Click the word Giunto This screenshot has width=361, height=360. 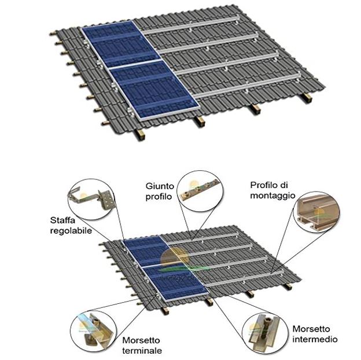(160, 186)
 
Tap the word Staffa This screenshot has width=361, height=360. (62, 220)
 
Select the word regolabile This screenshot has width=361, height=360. (71, 231)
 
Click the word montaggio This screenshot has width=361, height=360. (272, 196)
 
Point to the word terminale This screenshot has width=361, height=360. (142, 351)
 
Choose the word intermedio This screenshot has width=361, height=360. (315, 339)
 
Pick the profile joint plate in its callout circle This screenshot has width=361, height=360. (200, 189)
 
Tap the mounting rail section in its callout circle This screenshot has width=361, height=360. (318, 211)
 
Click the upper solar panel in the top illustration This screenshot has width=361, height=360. (120, 44)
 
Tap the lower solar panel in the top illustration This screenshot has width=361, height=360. (153, 90)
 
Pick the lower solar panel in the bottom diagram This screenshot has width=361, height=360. (175, 282)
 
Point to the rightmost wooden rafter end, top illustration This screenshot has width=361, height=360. (307, 98)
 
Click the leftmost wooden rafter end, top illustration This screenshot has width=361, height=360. (140, 135)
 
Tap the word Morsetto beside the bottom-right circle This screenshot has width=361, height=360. (311, 329)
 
